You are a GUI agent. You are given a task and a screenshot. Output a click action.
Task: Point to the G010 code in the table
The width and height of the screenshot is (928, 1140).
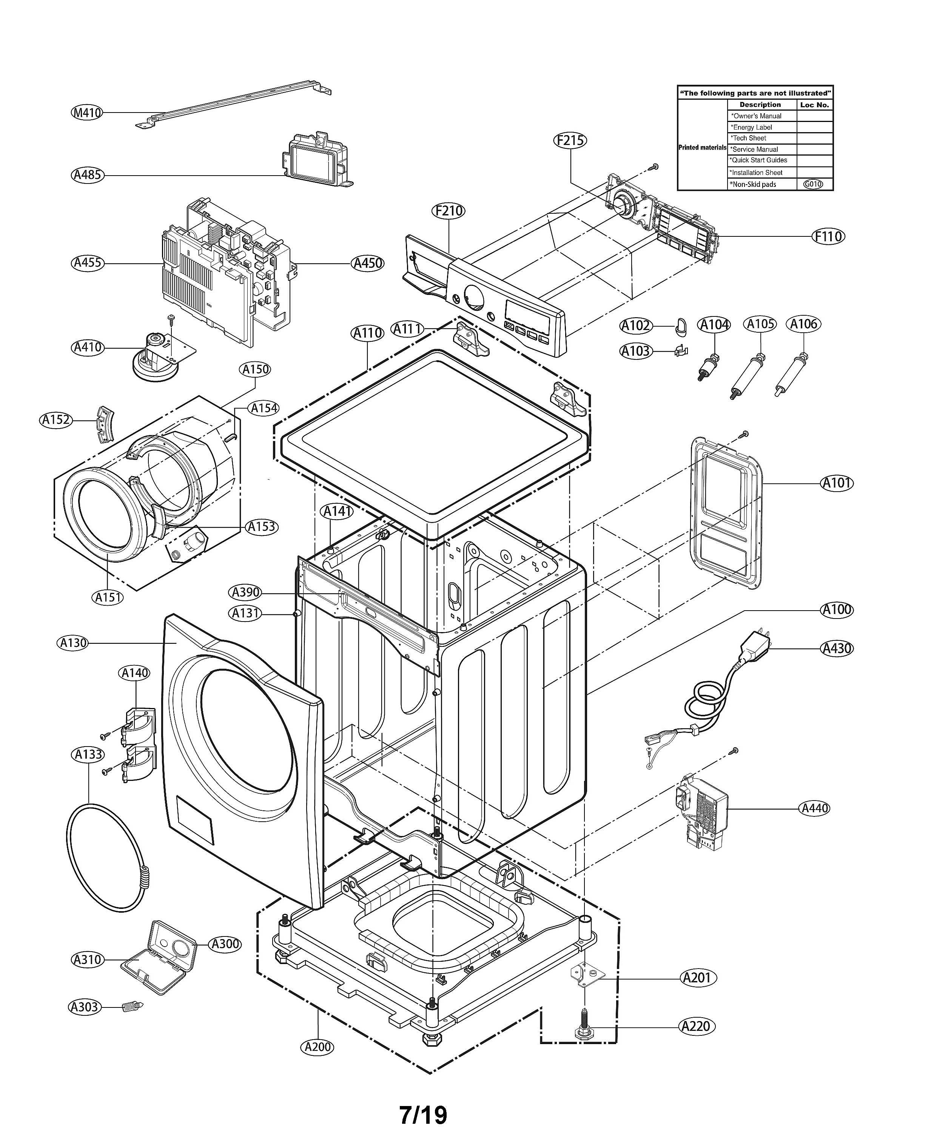(813, 184)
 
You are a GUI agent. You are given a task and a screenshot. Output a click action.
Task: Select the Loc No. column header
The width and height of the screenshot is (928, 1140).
(814, 105)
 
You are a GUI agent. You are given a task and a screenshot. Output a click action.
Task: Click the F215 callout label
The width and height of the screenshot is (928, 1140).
(570, 140)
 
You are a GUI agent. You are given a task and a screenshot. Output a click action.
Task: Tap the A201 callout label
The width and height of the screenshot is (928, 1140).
(698, 978)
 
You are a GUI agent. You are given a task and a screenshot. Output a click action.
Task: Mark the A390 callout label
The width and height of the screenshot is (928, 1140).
(246, 592)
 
